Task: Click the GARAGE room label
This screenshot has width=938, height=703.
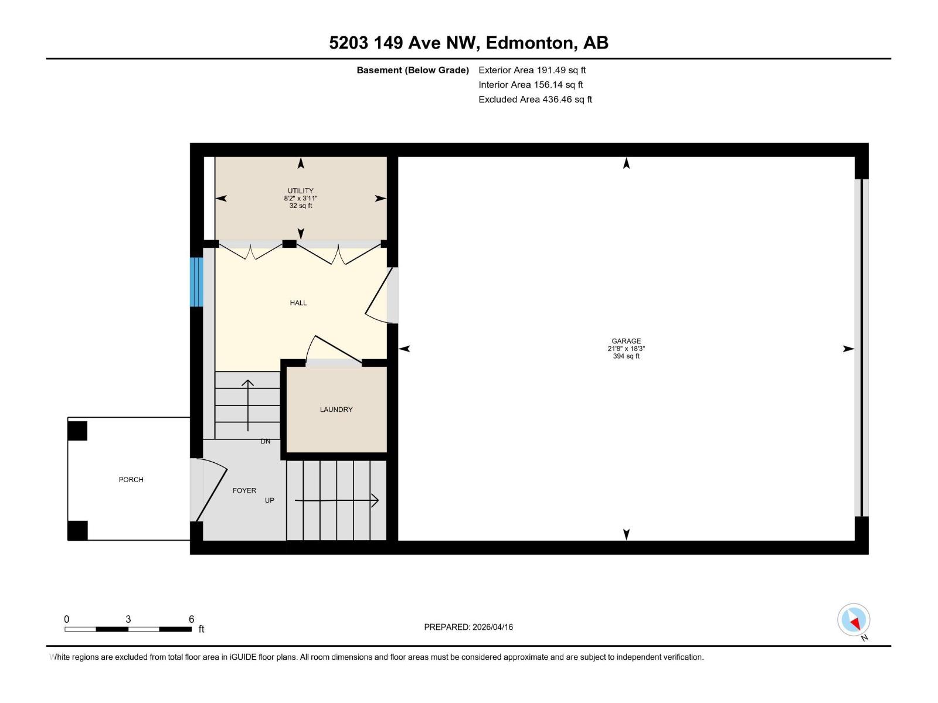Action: (x=626, y=341)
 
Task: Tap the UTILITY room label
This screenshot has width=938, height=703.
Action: (x=300, y=190)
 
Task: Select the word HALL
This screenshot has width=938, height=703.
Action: (x=298, y=303)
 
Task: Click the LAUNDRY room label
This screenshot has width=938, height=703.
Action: (x=336, y=409)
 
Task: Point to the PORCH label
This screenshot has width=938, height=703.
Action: (x=131, y=479)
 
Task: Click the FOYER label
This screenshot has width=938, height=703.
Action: (x=244, y=490)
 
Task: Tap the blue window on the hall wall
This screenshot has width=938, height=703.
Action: (x=196, y=282)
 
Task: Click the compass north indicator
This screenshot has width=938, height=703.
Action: (x=854, y=620)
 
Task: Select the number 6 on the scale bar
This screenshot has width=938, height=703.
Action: (x=191, y=619)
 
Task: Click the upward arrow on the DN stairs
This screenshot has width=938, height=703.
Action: (x=248, y=404)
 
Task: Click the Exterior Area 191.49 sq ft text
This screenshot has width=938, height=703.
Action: (x=532, y=70)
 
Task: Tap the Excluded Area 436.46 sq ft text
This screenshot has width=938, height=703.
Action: (x=535, y=100)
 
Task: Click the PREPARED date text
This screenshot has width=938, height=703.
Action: (x=468, y=627)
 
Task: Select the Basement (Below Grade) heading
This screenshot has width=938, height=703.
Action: (x=413, y=70)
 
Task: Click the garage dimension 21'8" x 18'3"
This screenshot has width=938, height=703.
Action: (x=626, y=349)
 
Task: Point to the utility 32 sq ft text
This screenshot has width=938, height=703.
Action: (x=300, y=206)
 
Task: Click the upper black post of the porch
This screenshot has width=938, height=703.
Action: (x=77, y=431)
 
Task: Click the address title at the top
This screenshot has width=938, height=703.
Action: (x=468, y=43)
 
